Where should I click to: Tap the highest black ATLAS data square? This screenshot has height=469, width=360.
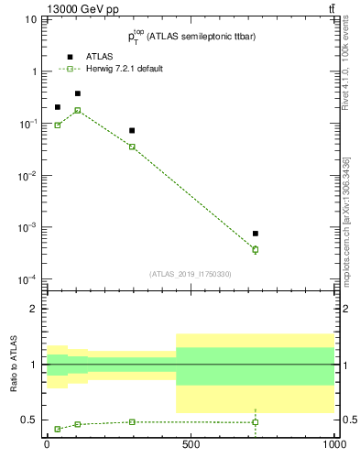[78, 93]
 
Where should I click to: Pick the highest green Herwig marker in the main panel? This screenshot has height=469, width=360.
[78, 110]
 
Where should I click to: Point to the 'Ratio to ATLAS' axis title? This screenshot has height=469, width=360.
[12, 365]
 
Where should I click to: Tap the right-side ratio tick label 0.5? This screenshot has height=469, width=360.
[348, 420]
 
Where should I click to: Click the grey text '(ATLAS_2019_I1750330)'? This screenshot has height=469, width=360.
[191, 274]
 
